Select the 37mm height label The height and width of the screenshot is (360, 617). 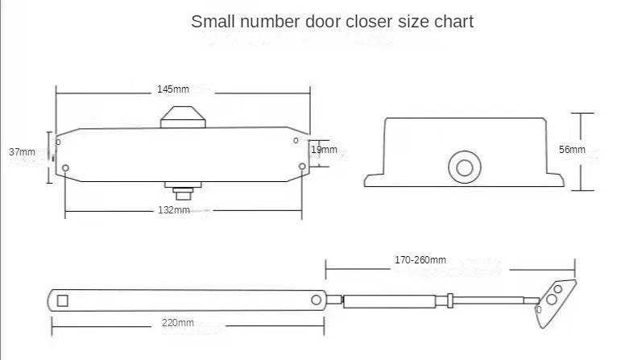coord(22,151)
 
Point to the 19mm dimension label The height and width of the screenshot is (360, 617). coord(325,150)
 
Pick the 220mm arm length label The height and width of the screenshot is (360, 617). coord(179,322)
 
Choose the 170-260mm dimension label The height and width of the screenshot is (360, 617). coord(420,260)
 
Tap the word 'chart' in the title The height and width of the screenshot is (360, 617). coord(453,22)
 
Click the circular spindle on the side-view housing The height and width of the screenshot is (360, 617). coord(464,168)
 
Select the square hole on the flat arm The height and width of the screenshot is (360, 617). coord(63,300)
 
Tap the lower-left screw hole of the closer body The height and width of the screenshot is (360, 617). coord(66,168)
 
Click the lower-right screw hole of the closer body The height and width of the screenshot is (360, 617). coord(302,167)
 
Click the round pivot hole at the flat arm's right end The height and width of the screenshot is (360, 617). coord(316,300)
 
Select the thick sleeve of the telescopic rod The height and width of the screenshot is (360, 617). coord(395,301)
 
